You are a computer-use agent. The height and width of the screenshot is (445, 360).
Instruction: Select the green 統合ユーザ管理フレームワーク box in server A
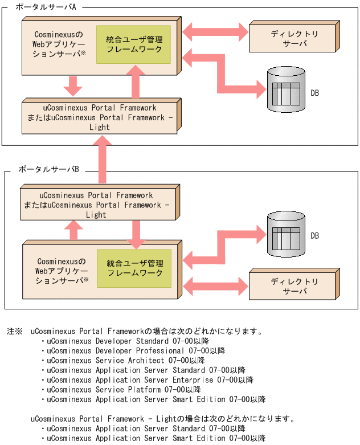(x=134, y=44)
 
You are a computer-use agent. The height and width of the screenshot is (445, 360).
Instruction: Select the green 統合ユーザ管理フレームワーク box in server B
(x=134, y=268)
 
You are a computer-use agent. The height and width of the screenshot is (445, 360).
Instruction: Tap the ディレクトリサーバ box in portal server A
(x=294, y=38)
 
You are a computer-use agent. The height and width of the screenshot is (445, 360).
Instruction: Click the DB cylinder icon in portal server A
(x=286, y=90)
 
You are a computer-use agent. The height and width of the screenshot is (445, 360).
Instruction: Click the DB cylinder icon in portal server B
(x=286, y=235)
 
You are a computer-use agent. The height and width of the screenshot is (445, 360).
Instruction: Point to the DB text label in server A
(x=314, y=93)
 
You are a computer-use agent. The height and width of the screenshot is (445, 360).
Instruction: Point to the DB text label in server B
(x=314, y=236)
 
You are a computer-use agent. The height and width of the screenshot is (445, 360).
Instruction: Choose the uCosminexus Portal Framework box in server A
(x=100, y=116)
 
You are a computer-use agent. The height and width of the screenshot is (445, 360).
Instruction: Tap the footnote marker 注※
(x=14, y=331)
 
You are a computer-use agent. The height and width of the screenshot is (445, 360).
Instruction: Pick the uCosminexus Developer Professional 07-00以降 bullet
(x=136, y=351)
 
